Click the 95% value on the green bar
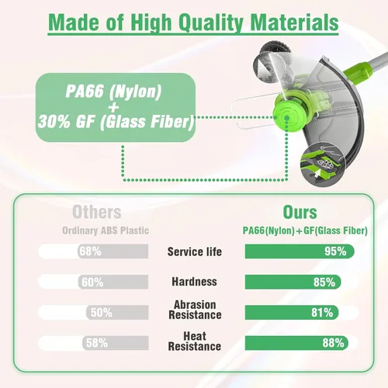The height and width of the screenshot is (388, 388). point(335,251)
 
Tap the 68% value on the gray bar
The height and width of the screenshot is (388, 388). point(90,251)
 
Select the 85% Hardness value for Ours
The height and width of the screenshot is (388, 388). point(324,282)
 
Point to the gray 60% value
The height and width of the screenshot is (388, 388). point(92,282)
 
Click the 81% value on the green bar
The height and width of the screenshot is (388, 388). point(322,313)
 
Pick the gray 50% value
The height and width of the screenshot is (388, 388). point(101,313)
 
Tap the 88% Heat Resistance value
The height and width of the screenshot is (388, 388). point(333,343)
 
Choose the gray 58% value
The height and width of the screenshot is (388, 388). point(97,343)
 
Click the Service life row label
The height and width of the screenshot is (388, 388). point(195,251)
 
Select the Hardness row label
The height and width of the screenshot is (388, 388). point(194,282)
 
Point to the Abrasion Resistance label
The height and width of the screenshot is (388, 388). point(195,310)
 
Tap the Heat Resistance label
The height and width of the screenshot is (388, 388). point(195,341)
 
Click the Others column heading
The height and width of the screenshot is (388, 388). point(97,213)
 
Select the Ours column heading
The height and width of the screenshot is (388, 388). point(300,213)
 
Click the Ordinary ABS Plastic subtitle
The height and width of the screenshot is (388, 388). point(106,230)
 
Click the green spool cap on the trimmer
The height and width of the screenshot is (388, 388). point(286,114)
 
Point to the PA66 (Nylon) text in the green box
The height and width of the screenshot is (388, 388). point(113,92)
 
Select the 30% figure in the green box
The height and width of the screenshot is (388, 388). point(54,122)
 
